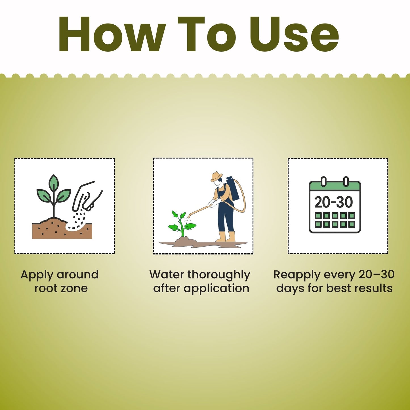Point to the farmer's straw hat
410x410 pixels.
[x=216, y=176]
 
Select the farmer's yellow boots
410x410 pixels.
[x=226, y=237]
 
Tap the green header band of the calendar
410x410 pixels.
[x=335, y=186]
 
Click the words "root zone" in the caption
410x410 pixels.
[x=61, y=288]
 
